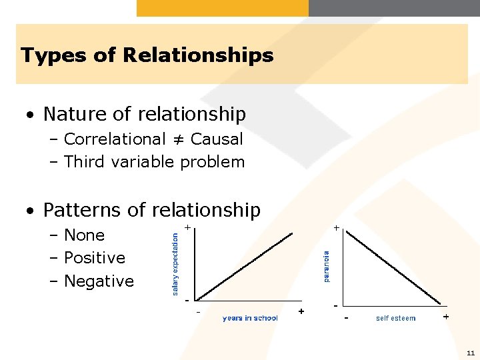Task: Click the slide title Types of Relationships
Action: pyautogui.click(x=147, y=55)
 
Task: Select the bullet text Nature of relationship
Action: pyautogui.click(x=144, y=114)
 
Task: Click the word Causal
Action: pyautogui.click(x=217, y=139)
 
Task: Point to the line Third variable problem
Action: pyautogui.click(x=154, y=162)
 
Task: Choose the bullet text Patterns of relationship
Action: pyautogui.click(x=151, y=210)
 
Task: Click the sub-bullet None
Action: pyautogui.click(x=84, y=235)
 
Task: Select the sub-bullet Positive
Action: pyautogui.click(x=94, y=258)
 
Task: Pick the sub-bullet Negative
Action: pyautogui.click(x=99, y=281)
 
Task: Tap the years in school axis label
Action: pyautogui.click(x=250, y=318)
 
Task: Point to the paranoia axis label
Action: pyautogui.click(x=326, y=266)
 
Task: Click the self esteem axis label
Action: pyautogui.click(x=395, y=318)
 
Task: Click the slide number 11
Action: pyautogui.click(x=470, y=353)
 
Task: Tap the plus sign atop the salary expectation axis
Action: pyautogui.click(x=188, y=228)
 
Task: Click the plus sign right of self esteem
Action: pyautogui.click(x=445, y=317)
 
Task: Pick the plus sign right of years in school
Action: pyautogui.click(x=301, y=311)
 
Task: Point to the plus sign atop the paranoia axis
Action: pyautogui.click(x=337, y=228)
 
